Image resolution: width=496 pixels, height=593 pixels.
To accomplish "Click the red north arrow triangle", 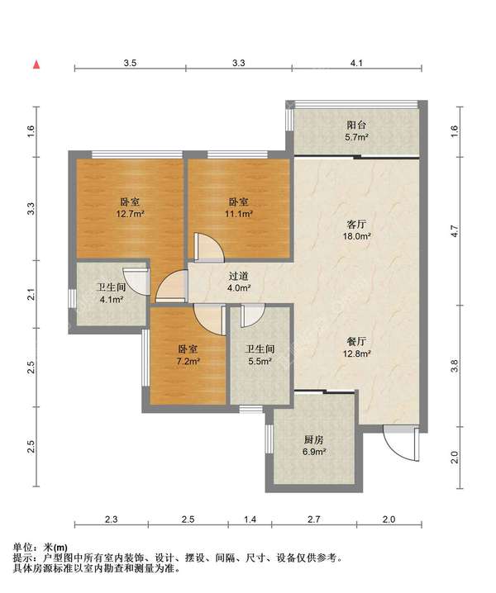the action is point(36,64).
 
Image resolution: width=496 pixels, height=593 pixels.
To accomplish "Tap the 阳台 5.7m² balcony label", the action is point(357,130).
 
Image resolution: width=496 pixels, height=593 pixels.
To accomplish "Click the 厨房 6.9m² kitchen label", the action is point(314,445).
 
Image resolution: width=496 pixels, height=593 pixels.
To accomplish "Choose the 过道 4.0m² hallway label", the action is point(239,282).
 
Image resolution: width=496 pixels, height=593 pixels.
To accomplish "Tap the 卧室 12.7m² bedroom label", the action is point(131,208).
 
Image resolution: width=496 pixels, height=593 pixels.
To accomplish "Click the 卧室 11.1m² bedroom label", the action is point(239,208).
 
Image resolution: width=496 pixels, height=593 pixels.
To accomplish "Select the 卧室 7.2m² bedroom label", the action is point(188,355).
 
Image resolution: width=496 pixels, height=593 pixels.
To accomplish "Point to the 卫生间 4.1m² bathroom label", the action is point(112,293).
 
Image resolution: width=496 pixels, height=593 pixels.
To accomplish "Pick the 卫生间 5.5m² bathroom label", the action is point(260,355).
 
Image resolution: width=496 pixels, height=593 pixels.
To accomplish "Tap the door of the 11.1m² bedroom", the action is point(209,247).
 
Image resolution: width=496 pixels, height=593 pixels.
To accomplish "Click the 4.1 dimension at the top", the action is point(356,63).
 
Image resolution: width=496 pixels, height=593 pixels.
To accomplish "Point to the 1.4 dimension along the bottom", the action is point(250,519).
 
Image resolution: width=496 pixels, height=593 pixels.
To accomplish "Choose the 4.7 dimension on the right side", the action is point(455,231).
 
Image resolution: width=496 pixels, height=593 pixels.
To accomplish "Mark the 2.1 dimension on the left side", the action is point(31,294).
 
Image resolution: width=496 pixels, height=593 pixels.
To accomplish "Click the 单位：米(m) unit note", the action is point(41,547).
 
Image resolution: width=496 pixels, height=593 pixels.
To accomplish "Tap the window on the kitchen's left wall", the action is point(269,439).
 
